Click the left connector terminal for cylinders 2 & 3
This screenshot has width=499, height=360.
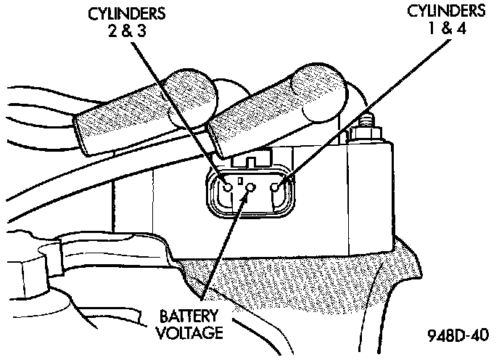tap(228, 187)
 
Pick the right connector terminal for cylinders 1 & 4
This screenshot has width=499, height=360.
tap(275, 187)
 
